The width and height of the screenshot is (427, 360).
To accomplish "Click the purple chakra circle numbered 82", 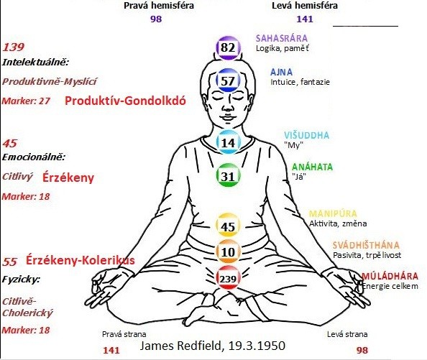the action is (x=228, y=48).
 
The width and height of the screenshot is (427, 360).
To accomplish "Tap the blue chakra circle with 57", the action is (x=228, y=80).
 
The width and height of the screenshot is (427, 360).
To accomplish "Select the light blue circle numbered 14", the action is (x=228, y=142).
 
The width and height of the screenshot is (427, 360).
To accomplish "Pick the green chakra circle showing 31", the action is (x=228, y=175).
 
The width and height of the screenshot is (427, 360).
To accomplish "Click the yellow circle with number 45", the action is (x=228, y=226).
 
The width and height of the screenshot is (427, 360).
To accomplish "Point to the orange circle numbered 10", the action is (x=228, y=251).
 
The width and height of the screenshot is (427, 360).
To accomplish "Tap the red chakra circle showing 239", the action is (x=228, y=278).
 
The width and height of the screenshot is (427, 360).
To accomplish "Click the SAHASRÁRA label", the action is (x=282, y=38).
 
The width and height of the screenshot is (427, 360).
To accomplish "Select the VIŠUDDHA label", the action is (x=307, y=135).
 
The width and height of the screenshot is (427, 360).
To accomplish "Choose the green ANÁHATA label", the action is (x=313, y=167).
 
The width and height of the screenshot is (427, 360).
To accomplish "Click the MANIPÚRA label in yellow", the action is (x=333, y=213).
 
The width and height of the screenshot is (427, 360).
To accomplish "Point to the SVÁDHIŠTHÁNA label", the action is (x=366, y=245).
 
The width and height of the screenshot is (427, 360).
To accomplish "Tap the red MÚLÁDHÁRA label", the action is (x=390, y=276).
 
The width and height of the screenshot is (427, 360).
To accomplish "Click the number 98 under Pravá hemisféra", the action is (x=156, y=19).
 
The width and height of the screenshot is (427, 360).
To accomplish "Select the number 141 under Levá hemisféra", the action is (x=305, y=19).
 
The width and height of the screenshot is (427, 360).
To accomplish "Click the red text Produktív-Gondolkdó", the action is (x=125, y=101).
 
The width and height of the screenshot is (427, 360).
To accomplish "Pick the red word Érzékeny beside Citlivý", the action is (x=68, y=177).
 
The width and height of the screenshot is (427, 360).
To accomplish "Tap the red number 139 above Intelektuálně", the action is (x=14, y=47).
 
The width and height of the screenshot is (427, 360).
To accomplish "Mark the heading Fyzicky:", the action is (x=21, y=280).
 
